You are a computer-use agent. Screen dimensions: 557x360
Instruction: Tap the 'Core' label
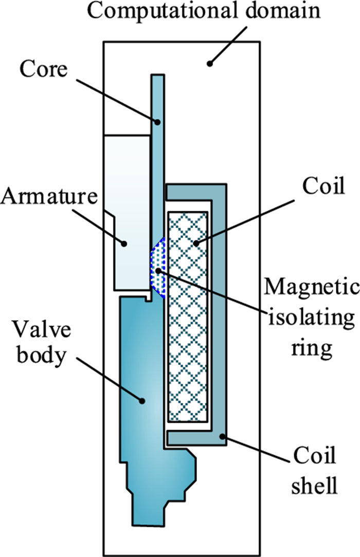click(44, 69)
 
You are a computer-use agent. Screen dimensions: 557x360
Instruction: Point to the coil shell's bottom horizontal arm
click(195, 438)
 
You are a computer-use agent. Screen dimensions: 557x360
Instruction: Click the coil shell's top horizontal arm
click(195, 192)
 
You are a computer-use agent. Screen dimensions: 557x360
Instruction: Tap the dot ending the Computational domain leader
click(209, 64)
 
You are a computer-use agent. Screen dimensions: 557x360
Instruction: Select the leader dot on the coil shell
click(222, 437)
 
